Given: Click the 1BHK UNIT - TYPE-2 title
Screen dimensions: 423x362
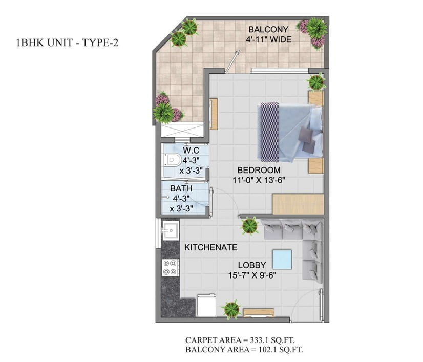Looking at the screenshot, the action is pyautogui.click(x=68, y=43).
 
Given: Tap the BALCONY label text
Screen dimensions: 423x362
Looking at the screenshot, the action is pyautogui.click(x=268, y=29).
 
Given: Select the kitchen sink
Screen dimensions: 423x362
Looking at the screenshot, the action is pyautogui.click(x=170, y=230).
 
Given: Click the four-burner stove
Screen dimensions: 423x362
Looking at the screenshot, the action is pyautogui.click(x=170, y=268).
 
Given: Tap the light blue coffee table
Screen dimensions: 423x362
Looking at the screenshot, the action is pyautogui.click(x=282, y=260).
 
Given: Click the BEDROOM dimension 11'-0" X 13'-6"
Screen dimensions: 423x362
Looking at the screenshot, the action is pyautogui.click(x=259, y=180).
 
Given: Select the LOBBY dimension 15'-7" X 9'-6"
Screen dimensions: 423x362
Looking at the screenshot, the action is pyautogui.click(x=252, y=275).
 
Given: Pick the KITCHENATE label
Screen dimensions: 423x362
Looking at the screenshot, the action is pyautogui.click(x=210, y=247).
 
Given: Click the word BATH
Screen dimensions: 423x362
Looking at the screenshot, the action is pyautogui.click(x=181, y=188).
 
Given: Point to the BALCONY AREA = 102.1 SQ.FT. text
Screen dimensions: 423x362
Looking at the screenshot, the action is pyautogui.click(x=244, y=350).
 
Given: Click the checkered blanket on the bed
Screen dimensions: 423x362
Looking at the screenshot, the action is pyautogui.click(x=268, y=132).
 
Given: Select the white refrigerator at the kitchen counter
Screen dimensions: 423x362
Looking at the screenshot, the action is pyautogui.click(x=207, y=305).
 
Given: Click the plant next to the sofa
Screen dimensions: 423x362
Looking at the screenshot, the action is pyautogui.click(x=250, y=226).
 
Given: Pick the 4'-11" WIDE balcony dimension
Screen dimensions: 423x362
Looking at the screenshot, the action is pyautogui.click(x=268, y=39).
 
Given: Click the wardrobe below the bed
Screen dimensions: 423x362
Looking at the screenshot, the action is pyautogui.click(x=298, y=204).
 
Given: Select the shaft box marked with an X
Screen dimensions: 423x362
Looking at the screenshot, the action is pyautogui.click(x=182, y=131).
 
